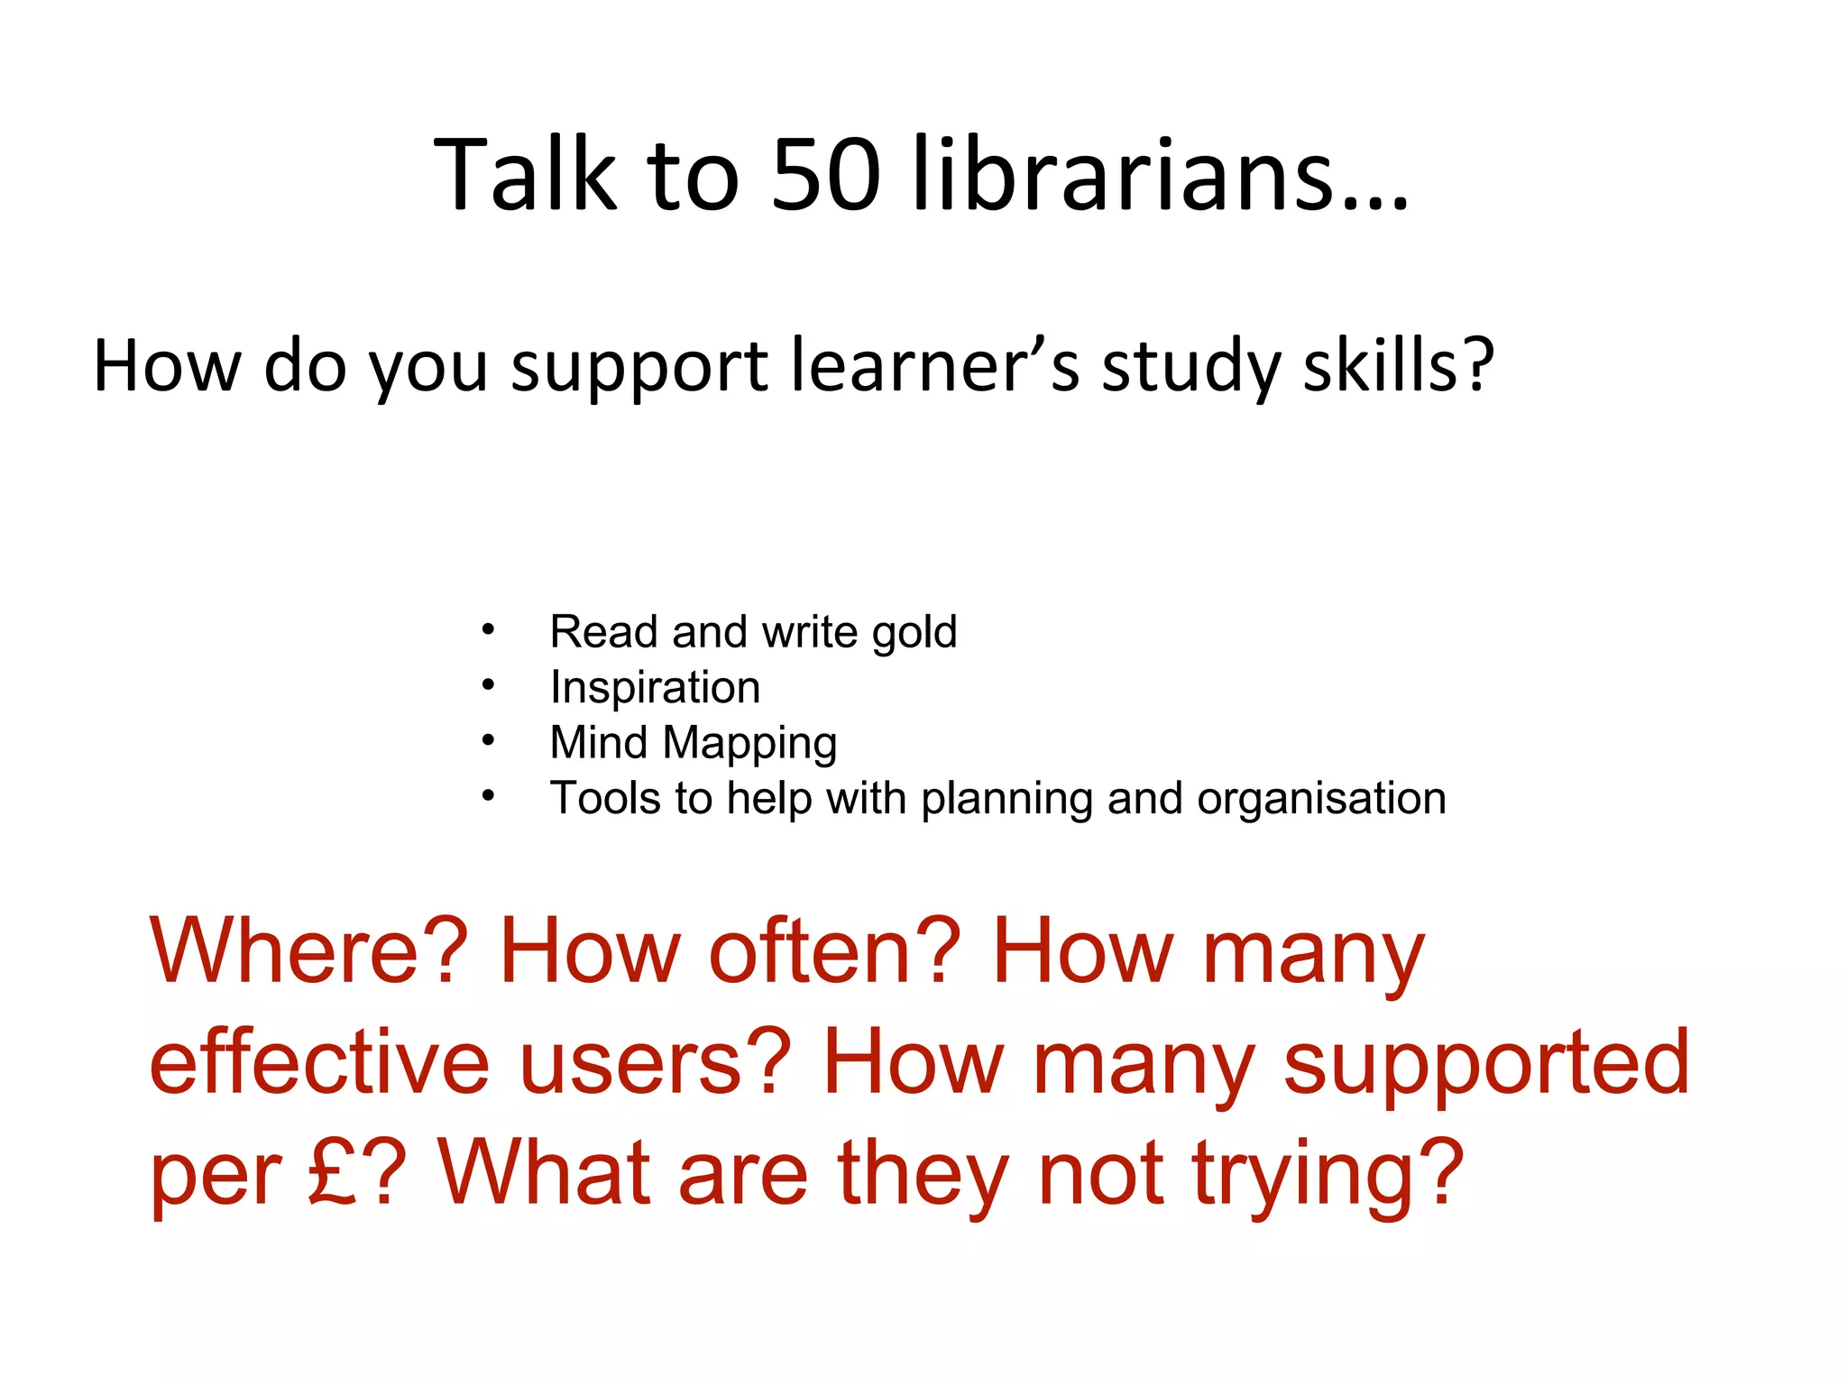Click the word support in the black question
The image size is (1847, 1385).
coord(639,368)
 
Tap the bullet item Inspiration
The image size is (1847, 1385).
coord(655,688)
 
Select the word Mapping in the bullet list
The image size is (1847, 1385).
coord(749,744)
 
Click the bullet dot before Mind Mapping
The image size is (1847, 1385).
coord(488,741)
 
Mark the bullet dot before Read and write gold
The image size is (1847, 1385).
coord(488,630)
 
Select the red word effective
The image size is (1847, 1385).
coord(319,1063)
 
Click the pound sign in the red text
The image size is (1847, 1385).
coord(335,1173)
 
